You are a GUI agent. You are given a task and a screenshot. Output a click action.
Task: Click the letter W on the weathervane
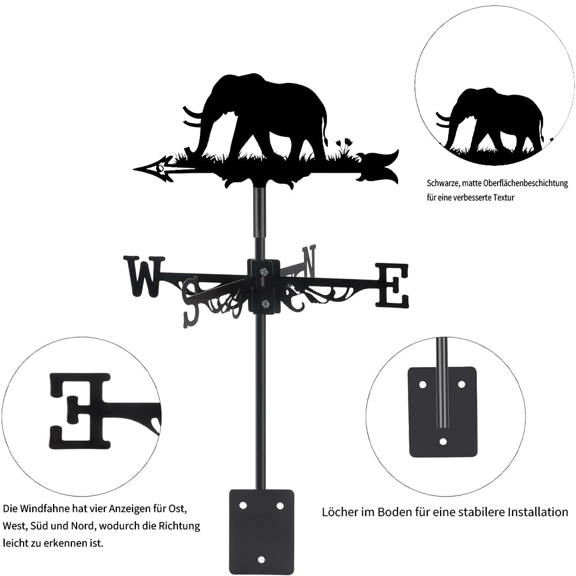click(x=144, y=276)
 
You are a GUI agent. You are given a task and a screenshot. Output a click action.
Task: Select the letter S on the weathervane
click(x=192, y=301)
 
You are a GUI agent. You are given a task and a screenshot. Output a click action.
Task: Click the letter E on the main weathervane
click(x=392, y=285)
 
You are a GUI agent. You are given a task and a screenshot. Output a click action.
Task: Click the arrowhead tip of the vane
click(x=135, y=169)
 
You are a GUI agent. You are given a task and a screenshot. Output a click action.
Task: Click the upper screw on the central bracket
click(x=264, y=272)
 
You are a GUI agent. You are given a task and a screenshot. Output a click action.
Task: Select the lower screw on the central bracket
click(x=264, y=304)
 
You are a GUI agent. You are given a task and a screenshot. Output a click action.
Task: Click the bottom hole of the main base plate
click(x=262, y=559)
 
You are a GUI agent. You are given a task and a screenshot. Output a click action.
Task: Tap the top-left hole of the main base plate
click(x=243, y=506)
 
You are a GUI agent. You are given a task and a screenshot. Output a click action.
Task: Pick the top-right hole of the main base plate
click(x=280, y=506)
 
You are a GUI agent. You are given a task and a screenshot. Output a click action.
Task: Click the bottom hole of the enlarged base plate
click(x=443, y=441)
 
